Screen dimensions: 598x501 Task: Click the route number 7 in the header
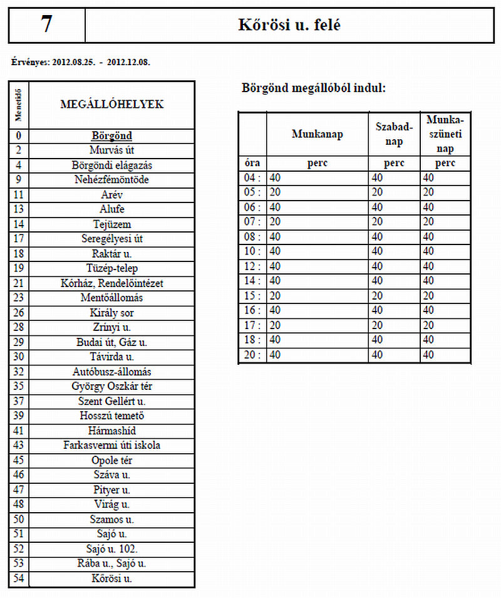(x=46, y=24)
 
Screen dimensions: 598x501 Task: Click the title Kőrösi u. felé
(x=289, y=24)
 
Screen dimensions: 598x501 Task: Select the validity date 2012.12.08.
(x=128, y=63)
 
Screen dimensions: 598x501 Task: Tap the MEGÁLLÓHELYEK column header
(x=112, y=105)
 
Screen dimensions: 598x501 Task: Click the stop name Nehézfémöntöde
(x=112, y=180)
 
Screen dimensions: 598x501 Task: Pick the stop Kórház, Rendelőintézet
(x=112, y=283)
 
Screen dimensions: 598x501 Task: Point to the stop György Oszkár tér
(x=112, y=387)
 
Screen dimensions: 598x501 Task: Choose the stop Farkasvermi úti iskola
(x=112, y=446)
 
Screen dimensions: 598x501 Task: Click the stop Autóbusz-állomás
(x=112, y=372)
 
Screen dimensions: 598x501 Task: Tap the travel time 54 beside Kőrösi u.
(x=18, y=579)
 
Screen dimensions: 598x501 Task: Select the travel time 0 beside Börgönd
(x=18, y=135)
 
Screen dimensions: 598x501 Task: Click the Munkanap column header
(x=317, y=134)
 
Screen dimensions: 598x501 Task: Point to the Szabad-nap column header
(x=394, y=134)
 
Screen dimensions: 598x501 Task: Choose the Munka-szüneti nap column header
(x=445, y=134)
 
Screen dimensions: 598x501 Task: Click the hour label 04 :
(x=252, y=178)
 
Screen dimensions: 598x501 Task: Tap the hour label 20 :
(x=252, y=355)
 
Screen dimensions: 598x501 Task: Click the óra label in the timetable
(x=252, y=163)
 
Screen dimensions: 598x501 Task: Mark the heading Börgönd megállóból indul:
(x=314, y=88)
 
